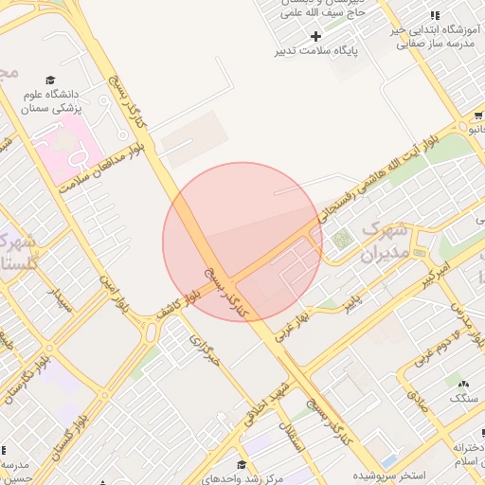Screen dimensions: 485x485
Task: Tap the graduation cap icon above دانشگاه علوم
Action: point(50,81)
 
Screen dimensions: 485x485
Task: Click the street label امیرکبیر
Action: point(442,278)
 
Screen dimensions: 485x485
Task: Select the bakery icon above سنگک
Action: point(463,384)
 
